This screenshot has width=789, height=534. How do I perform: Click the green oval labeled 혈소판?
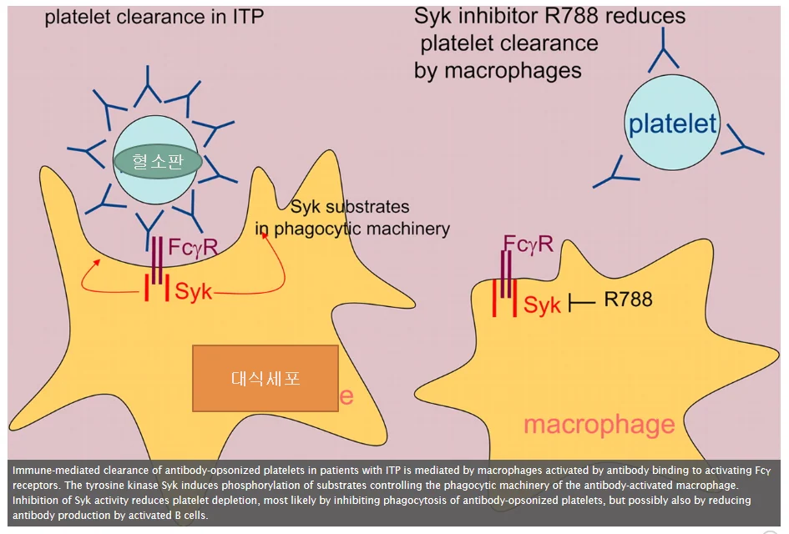(x=158, y=161)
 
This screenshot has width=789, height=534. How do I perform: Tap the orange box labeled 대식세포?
(x=266, y=378)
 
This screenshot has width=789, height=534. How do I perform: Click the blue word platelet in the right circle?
(x=672, y=123)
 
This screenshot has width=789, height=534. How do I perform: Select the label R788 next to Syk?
(x=628, y=300)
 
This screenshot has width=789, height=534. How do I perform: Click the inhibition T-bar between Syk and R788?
(x=582, y=303)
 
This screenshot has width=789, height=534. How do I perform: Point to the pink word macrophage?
(x=599, y=425)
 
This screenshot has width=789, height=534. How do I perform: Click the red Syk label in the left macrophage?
(x=193, y=291)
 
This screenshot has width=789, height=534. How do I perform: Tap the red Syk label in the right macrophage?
(x=542, y=305)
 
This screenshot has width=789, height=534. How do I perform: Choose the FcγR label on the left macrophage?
(x=193, y=247)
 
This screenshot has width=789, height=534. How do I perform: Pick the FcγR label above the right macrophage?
(x=529, y=244)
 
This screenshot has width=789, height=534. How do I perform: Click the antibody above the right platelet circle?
(x=663, y=50)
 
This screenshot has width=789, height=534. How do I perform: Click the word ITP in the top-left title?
(x=248, y=17)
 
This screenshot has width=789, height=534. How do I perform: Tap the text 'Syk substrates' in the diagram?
(x=350, y=207)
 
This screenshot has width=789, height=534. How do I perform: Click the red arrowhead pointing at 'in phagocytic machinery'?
(x=263, y=235)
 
